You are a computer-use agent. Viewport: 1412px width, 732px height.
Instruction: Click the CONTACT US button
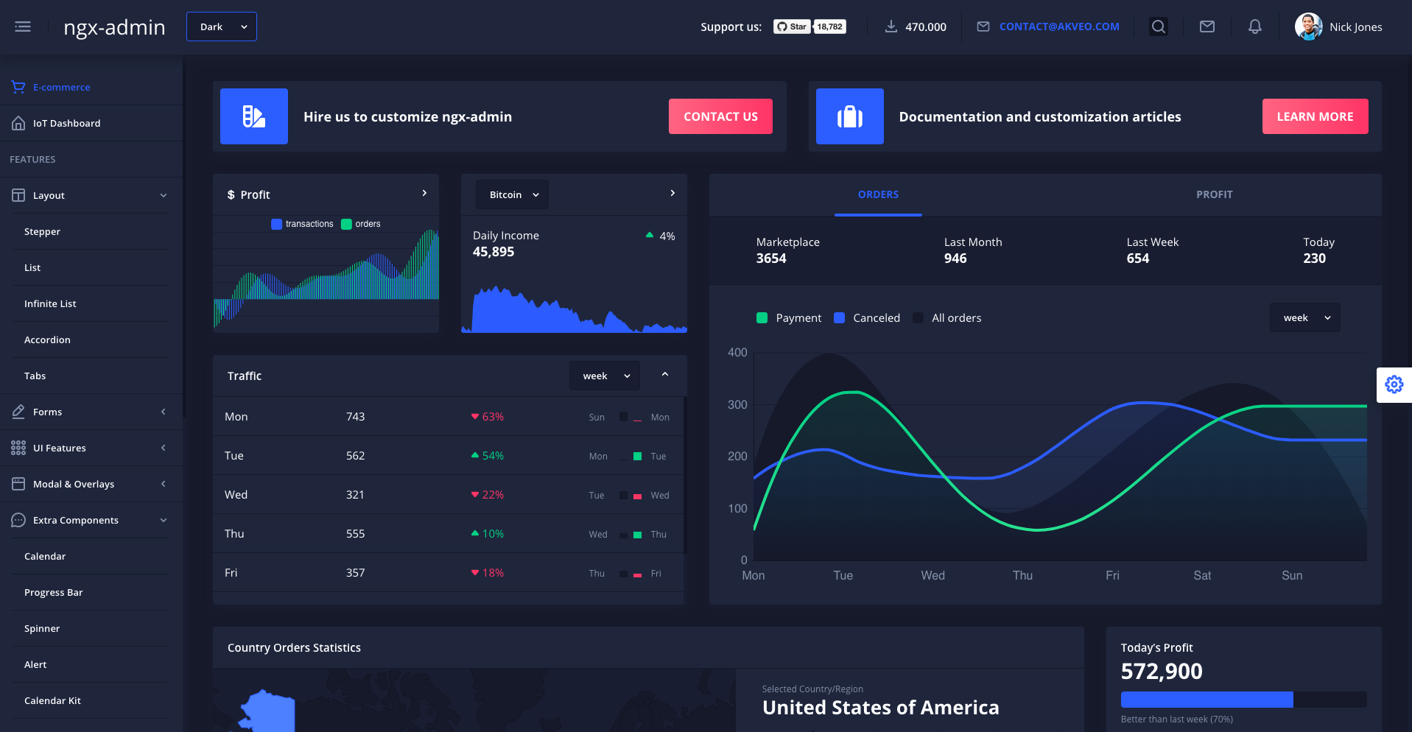click(x=720, y=116)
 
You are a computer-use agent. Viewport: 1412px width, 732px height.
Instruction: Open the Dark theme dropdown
click(x=221, y=27)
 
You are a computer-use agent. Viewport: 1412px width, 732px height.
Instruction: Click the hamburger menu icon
click(x=23, y=27)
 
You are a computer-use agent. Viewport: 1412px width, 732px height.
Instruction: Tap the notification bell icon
click(x=1254, y=27)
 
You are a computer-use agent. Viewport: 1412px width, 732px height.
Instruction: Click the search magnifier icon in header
click(x=1158, y=27)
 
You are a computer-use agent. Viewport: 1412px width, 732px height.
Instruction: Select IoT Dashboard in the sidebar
click(x=66, y=123)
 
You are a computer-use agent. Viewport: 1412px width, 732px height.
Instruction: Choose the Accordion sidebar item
click(x=47, y=339)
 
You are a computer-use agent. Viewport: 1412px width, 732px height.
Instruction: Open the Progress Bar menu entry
click(x=53, y=592)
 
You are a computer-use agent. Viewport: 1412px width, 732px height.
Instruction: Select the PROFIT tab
click(x=1214, y=194)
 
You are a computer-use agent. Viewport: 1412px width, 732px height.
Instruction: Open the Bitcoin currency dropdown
click(x=513, y=194)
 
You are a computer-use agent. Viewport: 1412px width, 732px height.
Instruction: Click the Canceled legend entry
click(x=876, y=317)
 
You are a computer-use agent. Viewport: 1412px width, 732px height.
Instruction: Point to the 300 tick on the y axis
click(x=737, y=404)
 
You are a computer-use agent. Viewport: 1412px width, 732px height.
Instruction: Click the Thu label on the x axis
click(x=1022, y=575)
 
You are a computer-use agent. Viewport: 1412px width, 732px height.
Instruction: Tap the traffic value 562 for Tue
click(x=355, y=455)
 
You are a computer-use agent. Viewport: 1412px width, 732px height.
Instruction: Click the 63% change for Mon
click(x=492, y=416)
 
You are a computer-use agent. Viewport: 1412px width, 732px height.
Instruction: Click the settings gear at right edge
click(x=1394, y=384)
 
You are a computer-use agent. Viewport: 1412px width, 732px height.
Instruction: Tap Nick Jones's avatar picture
click(x=1308, y=27)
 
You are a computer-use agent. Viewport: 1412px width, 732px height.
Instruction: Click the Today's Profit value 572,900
click(x=1162, y=671)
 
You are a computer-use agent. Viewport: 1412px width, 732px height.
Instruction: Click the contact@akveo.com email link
click(x=1058, y=27)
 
